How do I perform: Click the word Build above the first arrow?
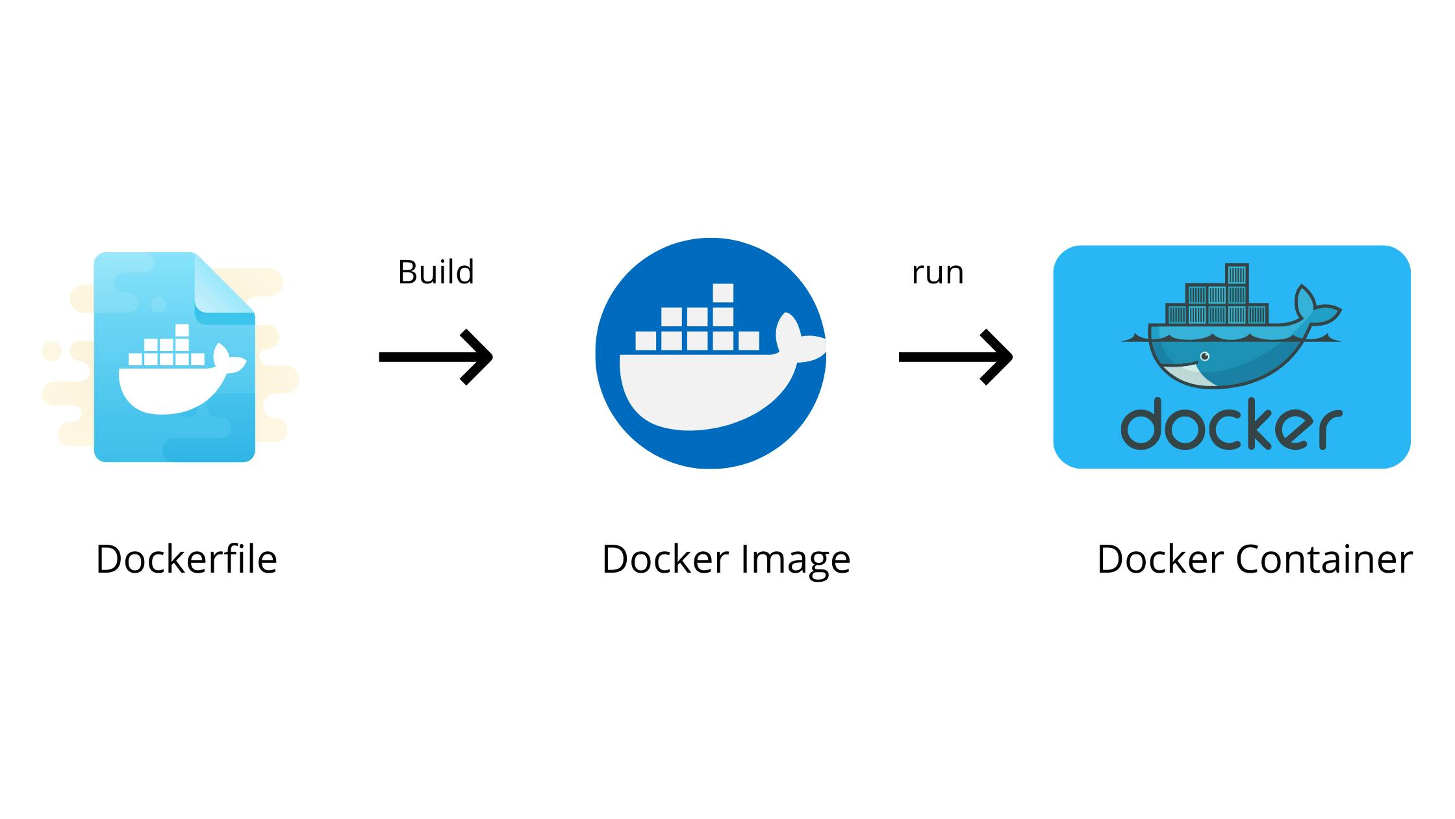436,272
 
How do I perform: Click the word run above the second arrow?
937,273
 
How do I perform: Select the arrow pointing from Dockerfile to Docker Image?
436,357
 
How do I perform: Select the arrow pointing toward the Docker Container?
955,357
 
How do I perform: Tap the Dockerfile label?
186,559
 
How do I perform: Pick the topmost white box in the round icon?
723,293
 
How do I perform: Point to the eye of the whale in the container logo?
1205,356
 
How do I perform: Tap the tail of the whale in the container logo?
1312,309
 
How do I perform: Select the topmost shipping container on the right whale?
1237,274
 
